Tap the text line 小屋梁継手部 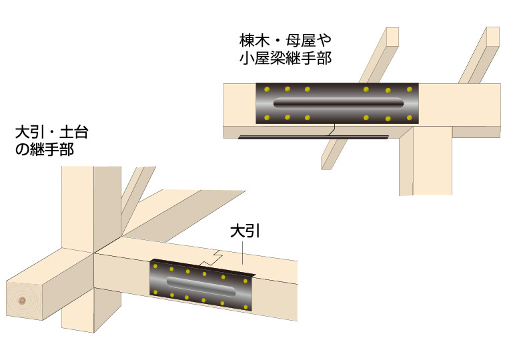click(285, 58)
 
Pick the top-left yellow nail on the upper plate click(266, 90)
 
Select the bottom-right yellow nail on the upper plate click(408, 118)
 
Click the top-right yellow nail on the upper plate click(408, 89)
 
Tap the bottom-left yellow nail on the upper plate click(266, 118)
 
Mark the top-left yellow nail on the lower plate click(156, 265)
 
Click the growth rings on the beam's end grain click(24, 301)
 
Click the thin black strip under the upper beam click(314, 137)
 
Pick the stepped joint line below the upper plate click(330, 130)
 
